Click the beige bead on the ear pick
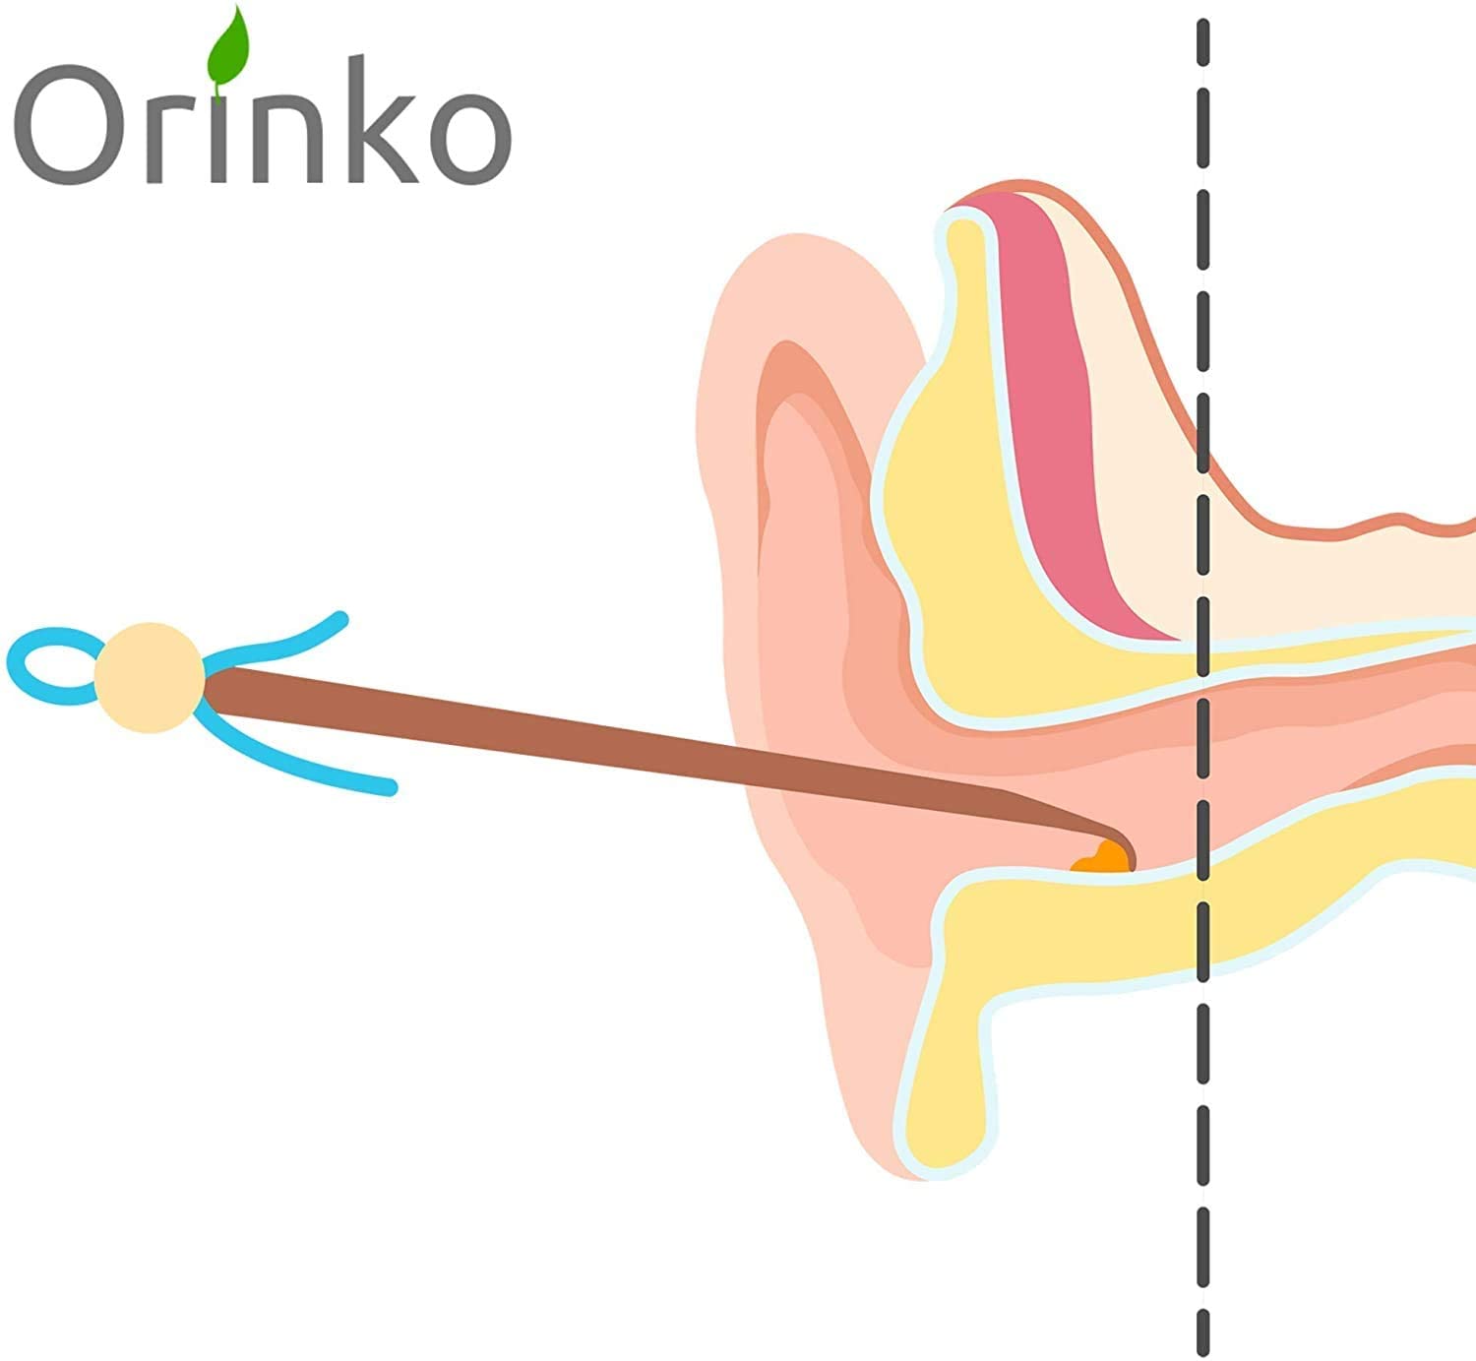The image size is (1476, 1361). pos(150,677)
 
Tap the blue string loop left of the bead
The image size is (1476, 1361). pos(44,666)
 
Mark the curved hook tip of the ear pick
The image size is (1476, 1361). pos(1122,841)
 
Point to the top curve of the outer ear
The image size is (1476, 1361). pos(787,266)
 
